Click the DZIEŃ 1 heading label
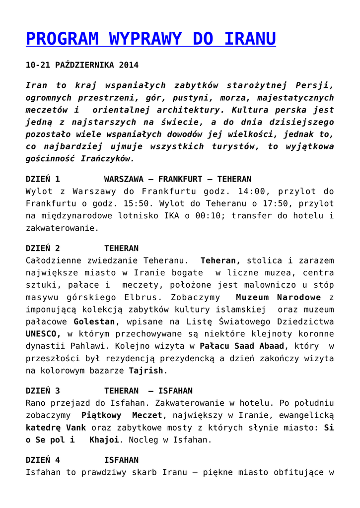click(x=43, y=179)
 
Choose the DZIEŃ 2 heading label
click(x=43, y=248)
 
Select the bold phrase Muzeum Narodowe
click(x=279, y=297)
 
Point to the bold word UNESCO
click(x=43, y=334)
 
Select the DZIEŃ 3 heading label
click(x=43, y=391)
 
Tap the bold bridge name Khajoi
click(x=104, y=440)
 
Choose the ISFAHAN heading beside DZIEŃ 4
click(x=121, y=460)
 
